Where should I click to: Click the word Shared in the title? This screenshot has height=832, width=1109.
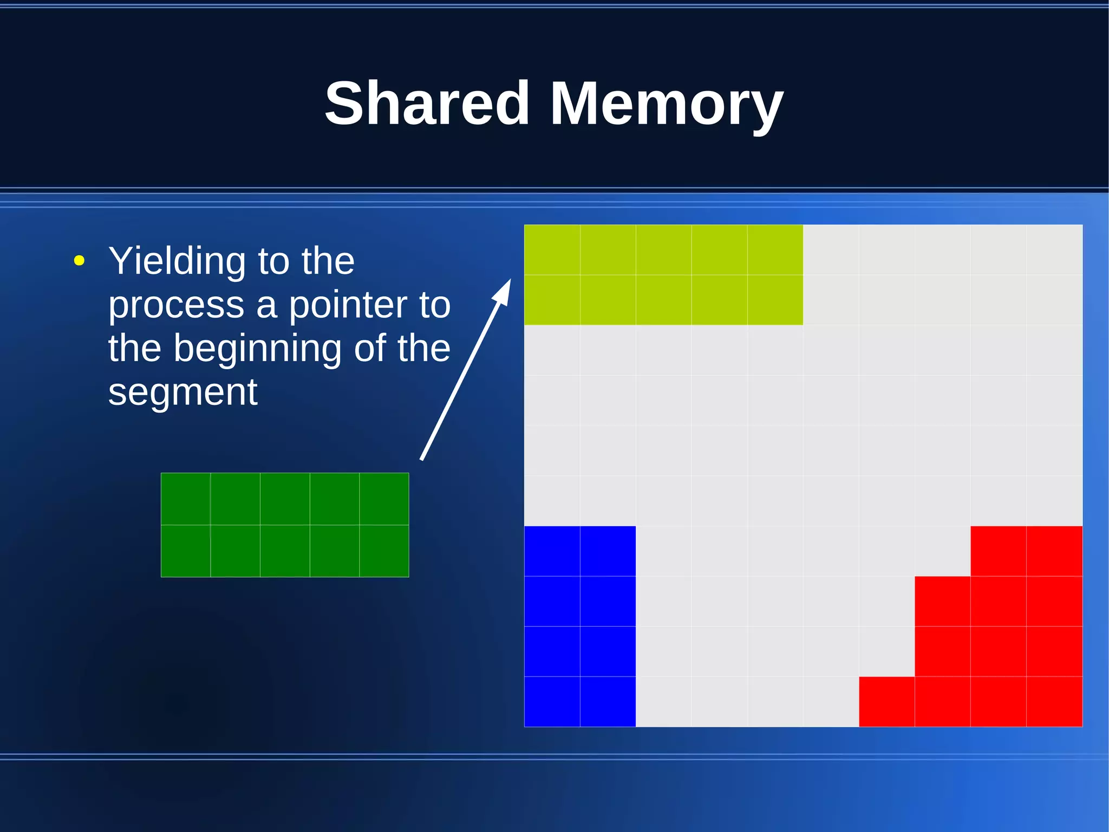point(427,103)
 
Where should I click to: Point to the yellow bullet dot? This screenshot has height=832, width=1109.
point(79,261)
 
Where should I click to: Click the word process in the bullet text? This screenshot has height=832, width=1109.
point(176,306)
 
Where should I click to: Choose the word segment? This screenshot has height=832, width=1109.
point(182,391)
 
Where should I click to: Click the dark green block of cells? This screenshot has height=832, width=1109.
point(285,525)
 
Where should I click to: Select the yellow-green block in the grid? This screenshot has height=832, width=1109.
point(663,275)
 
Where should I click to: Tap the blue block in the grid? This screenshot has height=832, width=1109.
point(579,626)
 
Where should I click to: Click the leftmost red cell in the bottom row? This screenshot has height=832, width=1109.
point(886,701)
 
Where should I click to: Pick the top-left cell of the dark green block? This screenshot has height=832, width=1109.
point(186,499)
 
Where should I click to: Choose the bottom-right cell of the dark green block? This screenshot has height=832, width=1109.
point(384,551)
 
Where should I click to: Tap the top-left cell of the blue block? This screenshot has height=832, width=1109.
point(552,551)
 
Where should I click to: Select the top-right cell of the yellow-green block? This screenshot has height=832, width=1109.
point(775,250)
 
